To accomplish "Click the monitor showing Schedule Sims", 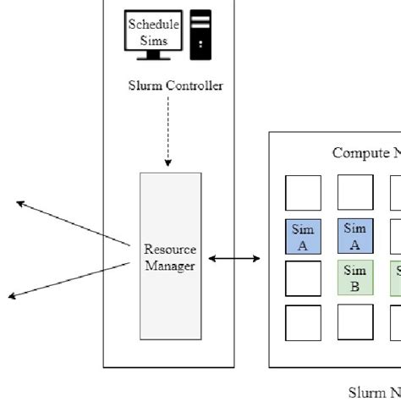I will [152, 32].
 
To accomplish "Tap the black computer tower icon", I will [200, 34].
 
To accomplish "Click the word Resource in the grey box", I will [170, 250].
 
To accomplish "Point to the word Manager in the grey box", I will [170, 266].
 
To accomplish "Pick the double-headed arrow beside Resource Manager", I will [233, 258].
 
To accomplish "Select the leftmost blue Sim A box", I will [303, 236].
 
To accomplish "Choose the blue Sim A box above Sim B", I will [355, 236].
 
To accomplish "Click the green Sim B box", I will [355, 278].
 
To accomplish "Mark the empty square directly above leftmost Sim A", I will [303, 193].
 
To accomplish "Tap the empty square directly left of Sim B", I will [303, 278].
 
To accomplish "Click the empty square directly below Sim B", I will [355, 321].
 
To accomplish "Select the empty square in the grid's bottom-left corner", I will [303, 321].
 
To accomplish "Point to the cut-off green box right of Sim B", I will [396, 278].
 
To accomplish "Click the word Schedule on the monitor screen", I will [148, 24].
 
